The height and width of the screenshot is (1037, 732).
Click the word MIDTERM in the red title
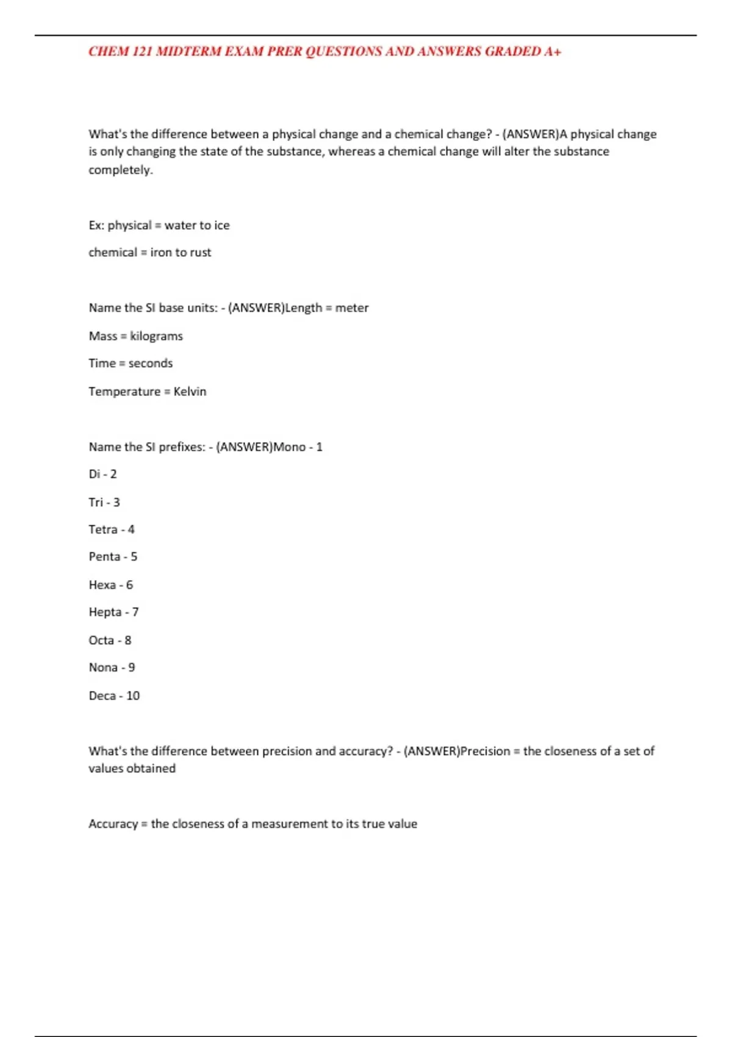(189, 51)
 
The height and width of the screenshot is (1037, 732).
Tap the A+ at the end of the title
(553, 51)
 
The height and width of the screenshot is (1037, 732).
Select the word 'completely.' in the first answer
(120, 170)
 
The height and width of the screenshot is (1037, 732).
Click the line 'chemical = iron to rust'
(149, 253)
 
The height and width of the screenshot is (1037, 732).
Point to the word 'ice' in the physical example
(221, 225)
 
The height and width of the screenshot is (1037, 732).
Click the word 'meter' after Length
(352, 308)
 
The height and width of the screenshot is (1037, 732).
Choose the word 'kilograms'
(156, 336)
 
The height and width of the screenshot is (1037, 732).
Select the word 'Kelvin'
(190, 392)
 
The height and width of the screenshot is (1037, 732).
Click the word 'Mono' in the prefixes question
(289, 447)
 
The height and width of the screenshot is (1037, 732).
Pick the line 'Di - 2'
(102, 474)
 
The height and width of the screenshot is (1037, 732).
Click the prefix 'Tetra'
(102, 529)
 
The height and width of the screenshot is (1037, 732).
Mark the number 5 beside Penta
(134, 557)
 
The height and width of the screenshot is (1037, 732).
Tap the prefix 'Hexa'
(102, 585)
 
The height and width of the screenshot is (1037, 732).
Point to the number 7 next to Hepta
(135, 612)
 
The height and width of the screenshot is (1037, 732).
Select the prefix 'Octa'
(101, 640)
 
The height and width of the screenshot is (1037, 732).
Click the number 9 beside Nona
(132, 667)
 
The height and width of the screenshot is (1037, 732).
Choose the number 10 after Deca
(133, 696)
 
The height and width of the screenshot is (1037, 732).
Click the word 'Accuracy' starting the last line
(113, 824)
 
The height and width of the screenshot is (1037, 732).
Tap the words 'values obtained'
(132, 769)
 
